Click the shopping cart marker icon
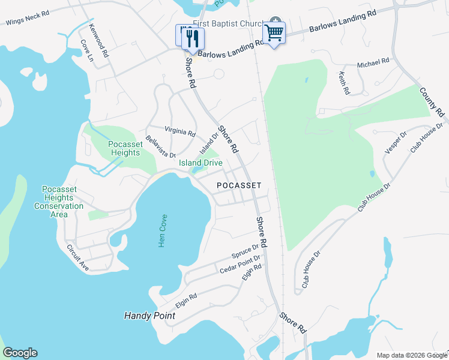click(x=274, y=32)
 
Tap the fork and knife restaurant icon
click(x=193, y=38)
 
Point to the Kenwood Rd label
click(x=98, y=41)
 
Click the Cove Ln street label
click(x=87, y=51)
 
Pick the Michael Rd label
click(x=373, y=62)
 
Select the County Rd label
click(x=431, y=103)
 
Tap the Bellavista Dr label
click(x=160, y=146)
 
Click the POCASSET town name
click(x=239, y=185)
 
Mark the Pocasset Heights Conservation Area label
click(x=59, y=202)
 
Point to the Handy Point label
click(x=149, y=316)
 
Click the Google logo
click(x=20, y=353)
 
